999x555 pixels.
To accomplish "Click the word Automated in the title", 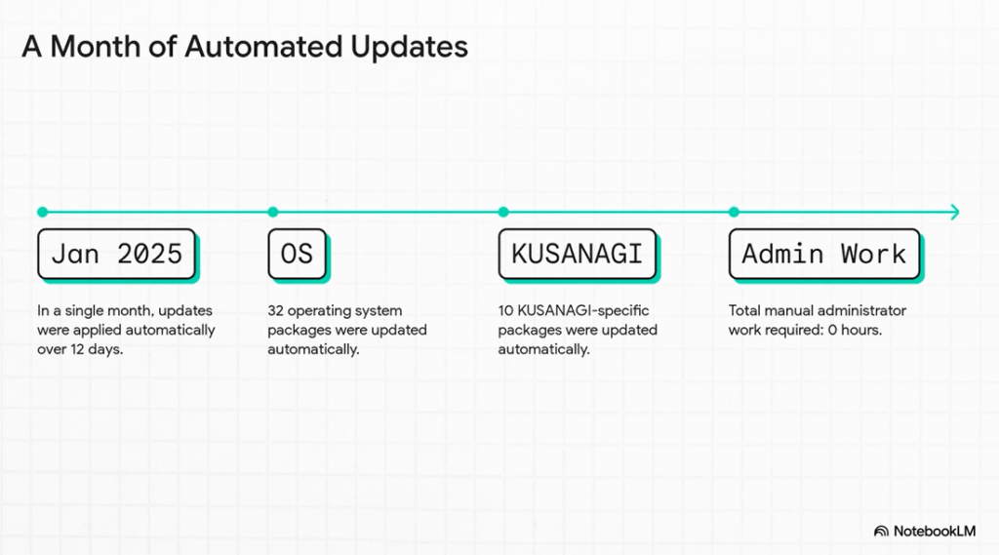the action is click(x=263, y=47).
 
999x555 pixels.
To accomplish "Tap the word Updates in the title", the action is click(x=409, y=48).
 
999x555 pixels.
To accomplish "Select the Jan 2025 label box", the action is click(x=117, y=254).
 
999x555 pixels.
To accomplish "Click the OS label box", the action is click(x=297, y=254).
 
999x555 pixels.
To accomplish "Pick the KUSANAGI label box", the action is click(x=578, y=254).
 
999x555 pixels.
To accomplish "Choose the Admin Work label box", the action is click(x=824, y=254).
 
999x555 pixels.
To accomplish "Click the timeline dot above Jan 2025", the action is click(x=43, y=212).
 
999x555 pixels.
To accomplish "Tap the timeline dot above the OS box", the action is click(x=273, y=212).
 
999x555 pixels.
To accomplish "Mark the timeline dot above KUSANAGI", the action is click(x=503, y=212).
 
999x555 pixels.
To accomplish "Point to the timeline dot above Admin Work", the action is click(x=734, y=212).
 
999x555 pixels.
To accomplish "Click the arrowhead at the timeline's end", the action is click(x=955, y=212).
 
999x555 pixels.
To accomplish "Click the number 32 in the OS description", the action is click(x=275, y=310).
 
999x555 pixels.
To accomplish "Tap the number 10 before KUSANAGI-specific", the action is click(x=506, y=310).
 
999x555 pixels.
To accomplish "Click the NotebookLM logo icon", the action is click(x=881, y=531).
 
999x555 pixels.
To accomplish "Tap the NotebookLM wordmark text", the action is click(x=934, y=531).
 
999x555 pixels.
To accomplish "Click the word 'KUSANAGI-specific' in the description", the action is click(x=583, y=311).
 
